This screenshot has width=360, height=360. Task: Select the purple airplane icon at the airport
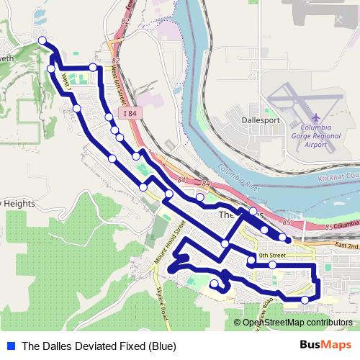[x=316, y=117]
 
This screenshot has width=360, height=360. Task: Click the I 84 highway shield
[x=129, y=113]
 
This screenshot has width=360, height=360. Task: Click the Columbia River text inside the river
[x=239, y=176]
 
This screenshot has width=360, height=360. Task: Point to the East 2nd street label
[x=346, y=246]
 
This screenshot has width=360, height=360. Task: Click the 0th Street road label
[x=272, y=255]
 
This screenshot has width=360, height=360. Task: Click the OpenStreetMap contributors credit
[x=297, y=323]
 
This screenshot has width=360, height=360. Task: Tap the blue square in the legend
[x=9, y=346]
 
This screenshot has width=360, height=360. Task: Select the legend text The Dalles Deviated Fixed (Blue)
[x=99, y=346]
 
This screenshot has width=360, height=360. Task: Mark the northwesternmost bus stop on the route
[x=42, y=41]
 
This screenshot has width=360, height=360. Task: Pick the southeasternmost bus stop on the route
[x=305, y=300]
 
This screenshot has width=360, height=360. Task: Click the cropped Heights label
[x=16, y=204]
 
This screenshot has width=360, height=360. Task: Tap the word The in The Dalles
[x=226, y=215]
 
